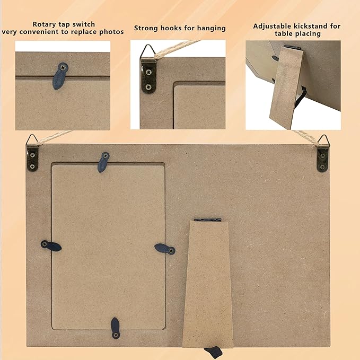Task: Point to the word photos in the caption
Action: point(111,32)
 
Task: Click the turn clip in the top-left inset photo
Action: point(60,76)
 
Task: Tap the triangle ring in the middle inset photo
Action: point(147,51)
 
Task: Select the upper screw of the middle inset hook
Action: point(149,72)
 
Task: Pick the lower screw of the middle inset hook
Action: point(148,87)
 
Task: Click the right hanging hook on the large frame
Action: point(323,154)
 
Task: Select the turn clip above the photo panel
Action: point(103,162)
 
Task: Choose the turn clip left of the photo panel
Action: point(51,246)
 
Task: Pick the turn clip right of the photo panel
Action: point(165,249)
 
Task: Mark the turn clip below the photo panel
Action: point(115,328)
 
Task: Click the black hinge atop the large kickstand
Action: point(207,219)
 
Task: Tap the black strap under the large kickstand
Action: point(214,352)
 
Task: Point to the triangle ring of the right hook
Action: point(324,140)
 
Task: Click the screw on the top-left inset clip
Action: point(63,67)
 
